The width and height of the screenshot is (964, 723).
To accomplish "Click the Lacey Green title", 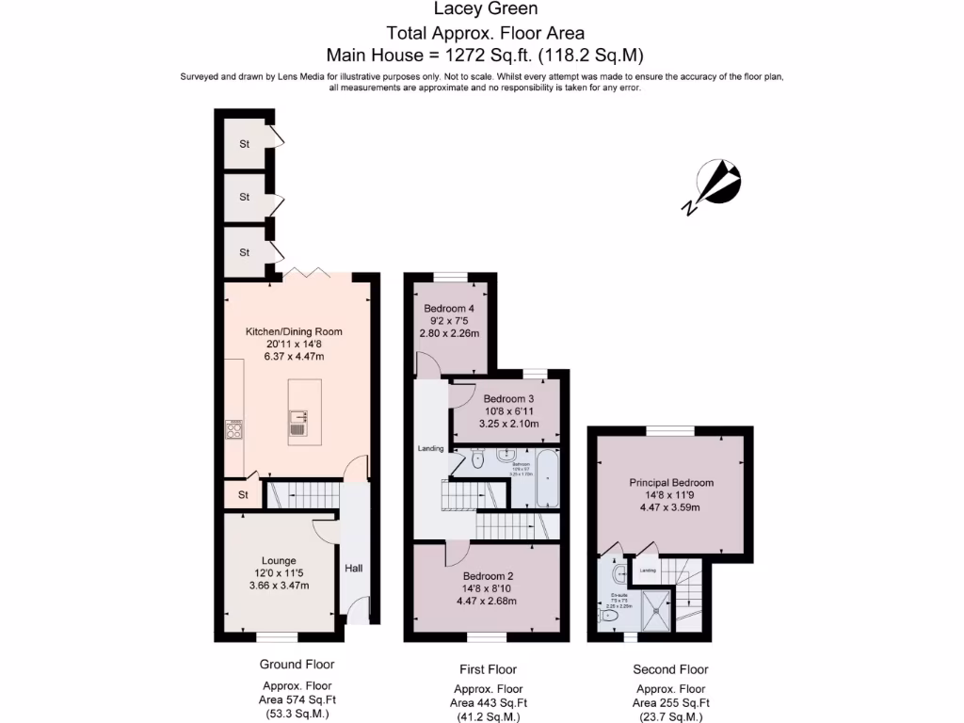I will coord(486,9).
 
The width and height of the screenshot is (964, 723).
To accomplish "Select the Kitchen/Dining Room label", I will coord(294,331).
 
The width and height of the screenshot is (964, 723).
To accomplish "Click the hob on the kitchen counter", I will coord(234,431).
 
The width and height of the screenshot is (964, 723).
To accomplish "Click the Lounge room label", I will coord(279,560).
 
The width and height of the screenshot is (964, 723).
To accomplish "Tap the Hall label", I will coord(353,568).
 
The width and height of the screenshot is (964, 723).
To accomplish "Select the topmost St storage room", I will coord(245,144).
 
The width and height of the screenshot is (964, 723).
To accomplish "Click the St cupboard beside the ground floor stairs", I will coord(242,493).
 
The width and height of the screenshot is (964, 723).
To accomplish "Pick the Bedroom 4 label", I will coord(449,309).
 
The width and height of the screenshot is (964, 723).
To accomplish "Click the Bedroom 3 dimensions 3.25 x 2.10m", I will coord(508,424).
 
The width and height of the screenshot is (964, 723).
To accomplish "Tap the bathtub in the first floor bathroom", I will coord(548,478).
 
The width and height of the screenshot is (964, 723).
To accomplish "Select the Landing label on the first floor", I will coord(431,449).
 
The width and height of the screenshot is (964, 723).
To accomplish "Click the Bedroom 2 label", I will coord(487,576).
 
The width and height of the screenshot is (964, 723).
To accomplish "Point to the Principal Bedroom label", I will coord(671,483).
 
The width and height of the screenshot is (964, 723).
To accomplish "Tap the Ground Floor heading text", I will coord(297,665).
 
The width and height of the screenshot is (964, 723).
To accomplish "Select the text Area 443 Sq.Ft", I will coord(488,702).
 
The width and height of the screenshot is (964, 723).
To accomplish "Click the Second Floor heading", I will coord(670,669).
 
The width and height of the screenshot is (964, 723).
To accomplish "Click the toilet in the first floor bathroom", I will coord(477,460).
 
